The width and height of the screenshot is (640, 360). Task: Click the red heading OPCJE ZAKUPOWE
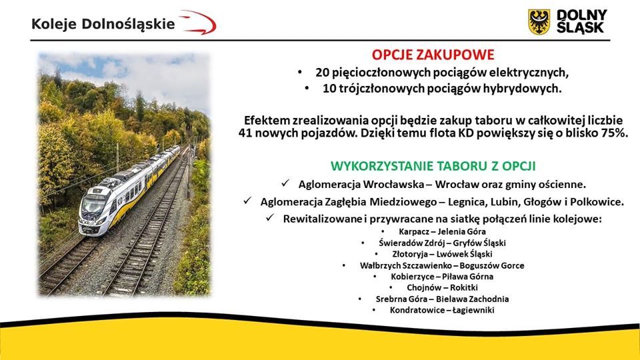pyautogui.click(x=433, y=55)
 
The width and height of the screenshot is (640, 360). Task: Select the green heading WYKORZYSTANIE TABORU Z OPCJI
pyautogui.click(x=433, y=166)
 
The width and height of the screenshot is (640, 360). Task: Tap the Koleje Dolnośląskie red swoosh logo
pyautogui.click(x=198, y=23)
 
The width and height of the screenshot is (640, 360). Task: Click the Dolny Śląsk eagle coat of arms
pyautogui.click(x=539, y=22)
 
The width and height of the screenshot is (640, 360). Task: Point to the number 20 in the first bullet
pyautogui.click(x=321, y=73)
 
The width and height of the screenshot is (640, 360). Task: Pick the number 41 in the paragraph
pyautogui.click(x=245, y=133)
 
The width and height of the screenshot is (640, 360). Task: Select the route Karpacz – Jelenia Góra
pyautogui.click(x=442, y=231)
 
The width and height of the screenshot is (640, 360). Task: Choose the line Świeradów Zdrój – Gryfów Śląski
pyautogui.click(x=442, y=243)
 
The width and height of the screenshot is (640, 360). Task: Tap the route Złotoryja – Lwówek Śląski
pyautogui.click(x=442, y=254)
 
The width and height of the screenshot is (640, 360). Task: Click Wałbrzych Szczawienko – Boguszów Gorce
pyautogui.click(x=442, y=265)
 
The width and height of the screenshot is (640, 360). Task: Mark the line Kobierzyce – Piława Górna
pyautogui.click(x=442, y=276)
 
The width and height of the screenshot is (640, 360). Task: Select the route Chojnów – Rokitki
pyautogui.click(x=442, y=287)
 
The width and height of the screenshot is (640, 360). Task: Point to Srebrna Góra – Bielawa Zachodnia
pyautogui.click(x=442, y=299)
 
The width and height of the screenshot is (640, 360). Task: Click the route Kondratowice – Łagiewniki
pyautogui.click(x=442, y=310)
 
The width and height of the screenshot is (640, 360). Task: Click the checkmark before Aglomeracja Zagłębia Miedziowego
pyautogui.click(x=247, y=201)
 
